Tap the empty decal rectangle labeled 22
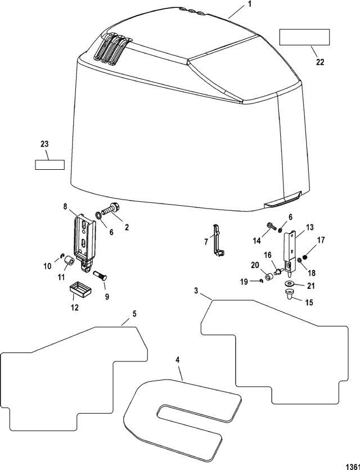tap(304, 37)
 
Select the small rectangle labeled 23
tap(50, 165)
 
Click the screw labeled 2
tap(111, 209)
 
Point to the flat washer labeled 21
tap(290, 283)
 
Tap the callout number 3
tap(196, 291)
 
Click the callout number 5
tap(134, 314)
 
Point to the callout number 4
tap(178, 360)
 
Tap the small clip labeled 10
tap(62, 255)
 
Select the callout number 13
tap(309, 228)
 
